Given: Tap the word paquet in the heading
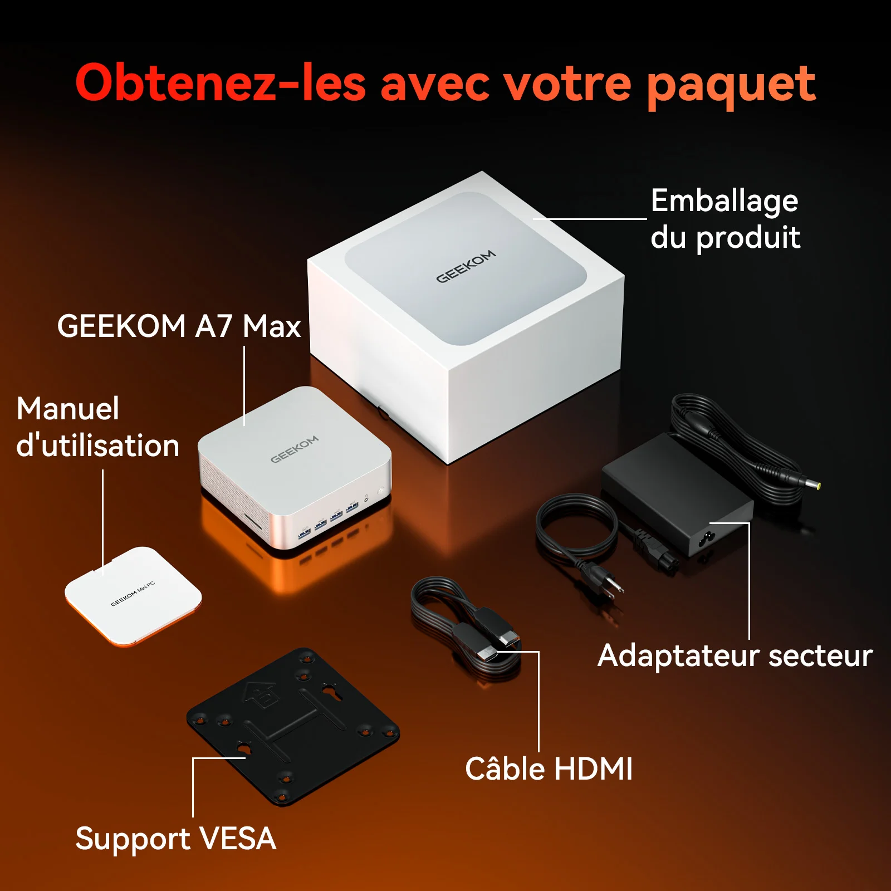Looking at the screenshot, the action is click(x=731, y=86).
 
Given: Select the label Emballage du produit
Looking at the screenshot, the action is click(x=725, y=219).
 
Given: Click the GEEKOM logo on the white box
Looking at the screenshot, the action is click(x=466, y=266).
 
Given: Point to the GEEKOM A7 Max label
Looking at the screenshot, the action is click(x=179, y=326).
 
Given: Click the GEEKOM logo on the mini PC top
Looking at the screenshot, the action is click(x=295, y=449).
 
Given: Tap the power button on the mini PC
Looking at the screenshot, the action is click(x=381, y=491).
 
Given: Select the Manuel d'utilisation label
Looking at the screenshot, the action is click(x=97, y=427).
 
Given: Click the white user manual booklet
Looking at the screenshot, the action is click(x=133, y=596).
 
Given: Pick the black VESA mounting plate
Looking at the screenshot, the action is click(x=293, y=726).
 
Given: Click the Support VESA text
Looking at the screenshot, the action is click(x=176, y=839).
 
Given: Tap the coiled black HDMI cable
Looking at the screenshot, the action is click(x=467, y=628).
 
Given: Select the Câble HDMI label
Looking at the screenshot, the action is click(x=549, y=769).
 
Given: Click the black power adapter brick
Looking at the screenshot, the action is click(x=677, y=495).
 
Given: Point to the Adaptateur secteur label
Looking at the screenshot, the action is click(x=735, y=655).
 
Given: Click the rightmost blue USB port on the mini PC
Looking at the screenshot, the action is click(x=352, y=508).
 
